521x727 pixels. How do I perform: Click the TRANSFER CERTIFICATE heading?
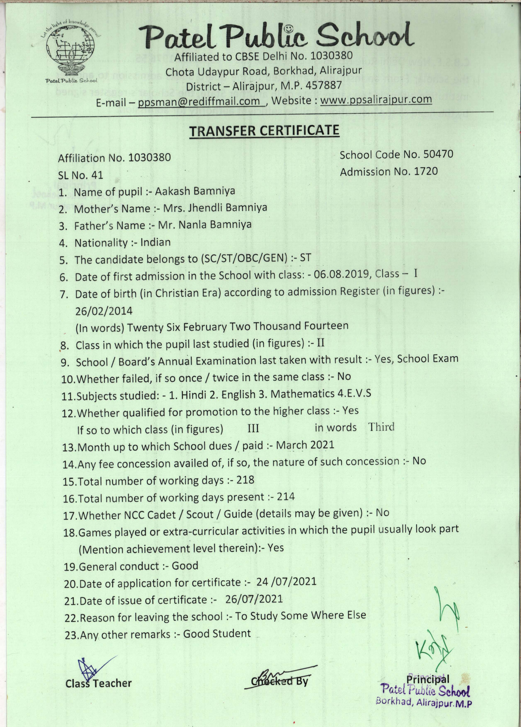(264, 131)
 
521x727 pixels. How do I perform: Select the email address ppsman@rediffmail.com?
(199, 101)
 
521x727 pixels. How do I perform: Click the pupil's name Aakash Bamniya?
(195, 191)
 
